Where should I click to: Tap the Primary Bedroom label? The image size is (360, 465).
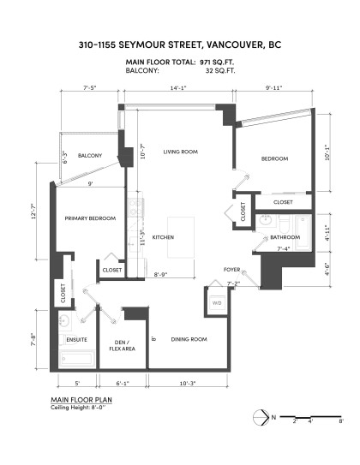90,218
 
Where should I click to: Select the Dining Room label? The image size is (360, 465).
188,340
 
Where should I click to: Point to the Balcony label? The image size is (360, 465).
90,155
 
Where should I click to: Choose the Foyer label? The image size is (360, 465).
231,268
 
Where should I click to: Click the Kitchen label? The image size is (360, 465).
164,236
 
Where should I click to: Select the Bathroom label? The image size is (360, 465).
284,237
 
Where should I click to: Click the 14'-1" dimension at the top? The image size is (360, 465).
178,87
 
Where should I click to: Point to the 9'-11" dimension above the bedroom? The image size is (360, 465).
274,87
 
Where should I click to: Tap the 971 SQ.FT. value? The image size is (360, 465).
218,63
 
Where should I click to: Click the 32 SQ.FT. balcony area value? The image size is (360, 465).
221,71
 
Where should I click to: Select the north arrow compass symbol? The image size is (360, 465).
261,418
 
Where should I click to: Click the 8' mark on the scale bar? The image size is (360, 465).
340,421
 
